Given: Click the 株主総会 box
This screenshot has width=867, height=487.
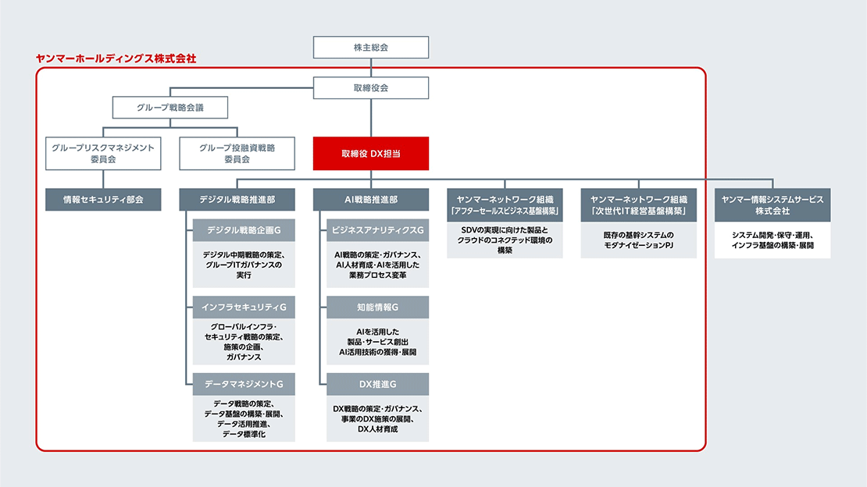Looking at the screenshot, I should (371, 48).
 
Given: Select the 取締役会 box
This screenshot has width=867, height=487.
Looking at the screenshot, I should (371, 87).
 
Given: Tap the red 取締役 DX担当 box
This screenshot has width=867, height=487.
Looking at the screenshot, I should (371, 154).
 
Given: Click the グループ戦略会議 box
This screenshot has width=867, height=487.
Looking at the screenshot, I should (169, 107).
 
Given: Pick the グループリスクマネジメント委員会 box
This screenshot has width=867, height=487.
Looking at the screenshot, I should (103, 153).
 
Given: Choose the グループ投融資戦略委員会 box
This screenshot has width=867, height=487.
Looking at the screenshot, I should (237, 153).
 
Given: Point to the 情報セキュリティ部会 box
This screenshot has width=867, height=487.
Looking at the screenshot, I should (103, 200).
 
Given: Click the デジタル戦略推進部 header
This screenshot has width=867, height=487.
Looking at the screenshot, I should (237, 200).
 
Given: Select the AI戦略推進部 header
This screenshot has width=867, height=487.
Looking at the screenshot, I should (371, 200).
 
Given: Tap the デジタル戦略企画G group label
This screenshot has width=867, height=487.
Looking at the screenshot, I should (244, 230).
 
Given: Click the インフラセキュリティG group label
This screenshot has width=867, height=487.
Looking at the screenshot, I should (244, 307).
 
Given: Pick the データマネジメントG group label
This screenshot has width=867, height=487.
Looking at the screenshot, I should (244, 383).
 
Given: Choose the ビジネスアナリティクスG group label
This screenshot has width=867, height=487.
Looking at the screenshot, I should (377, 230).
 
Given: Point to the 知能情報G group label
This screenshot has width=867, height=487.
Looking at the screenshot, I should (377, 307).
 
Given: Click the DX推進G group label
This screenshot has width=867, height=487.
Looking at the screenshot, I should (377, 383).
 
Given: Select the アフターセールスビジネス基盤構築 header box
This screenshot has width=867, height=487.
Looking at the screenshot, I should (505, 204).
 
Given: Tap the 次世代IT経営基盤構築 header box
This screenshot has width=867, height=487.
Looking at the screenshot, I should (639, 204).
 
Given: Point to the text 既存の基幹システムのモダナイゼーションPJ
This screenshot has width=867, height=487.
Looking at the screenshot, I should (639, 240).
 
